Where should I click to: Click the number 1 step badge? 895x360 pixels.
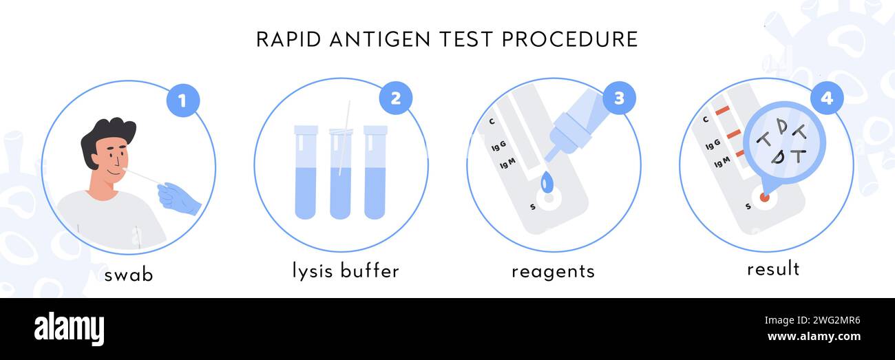coord(182,101)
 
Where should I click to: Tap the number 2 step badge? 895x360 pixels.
coord(395,98)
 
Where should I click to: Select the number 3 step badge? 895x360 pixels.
coord(619,98)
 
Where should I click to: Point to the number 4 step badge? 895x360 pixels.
coord(826,98)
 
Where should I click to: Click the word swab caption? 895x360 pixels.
coord(128,275)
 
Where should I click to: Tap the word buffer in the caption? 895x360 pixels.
coord(372,271)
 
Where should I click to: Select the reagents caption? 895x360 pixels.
coord(553,271)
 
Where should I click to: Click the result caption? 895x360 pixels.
coord(773,268)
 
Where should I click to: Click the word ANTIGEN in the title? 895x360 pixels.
coord(377,39)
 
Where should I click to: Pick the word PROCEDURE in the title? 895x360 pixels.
coord(569,39)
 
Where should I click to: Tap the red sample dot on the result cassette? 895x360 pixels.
coord(764,198)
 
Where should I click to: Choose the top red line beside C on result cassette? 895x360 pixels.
coord(722,111)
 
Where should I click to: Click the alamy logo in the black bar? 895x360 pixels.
coord(69,329)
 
